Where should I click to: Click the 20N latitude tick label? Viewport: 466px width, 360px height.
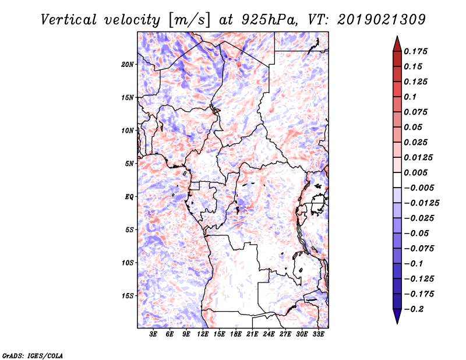pyautogui.click(x=128, y=64)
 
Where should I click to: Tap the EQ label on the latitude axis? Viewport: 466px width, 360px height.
pyautogui.click(x=129, y=197)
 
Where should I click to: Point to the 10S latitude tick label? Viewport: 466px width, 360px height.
pyautogui.click(x=128, y=263)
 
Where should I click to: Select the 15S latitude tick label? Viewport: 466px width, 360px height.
pyautogui.click(x=128, y=296)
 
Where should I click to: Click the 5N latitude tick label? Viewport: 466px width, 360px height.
pyautogui.click(x=129, y=164)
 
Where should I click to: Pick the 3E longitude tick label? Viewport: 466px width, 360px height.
pyautogui.click(x=154, y=335)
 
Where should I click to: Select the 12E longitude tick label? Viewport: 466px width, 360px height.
pyautogui.click(x=203, y=335)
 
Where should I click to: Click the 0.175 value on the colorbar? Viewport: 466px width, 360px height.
pyautogui.click(x=416, y=51)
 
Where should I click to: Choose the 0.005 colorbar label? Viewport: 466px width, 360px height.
pyautogui.click(x=416, y=172)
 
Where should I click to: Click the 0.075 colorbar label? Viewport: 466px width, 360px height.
pyautogui.click(x=416, y=112)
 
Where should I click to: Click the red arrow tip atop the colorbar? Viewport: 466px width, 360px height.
pyautogui.click(x=397, y=42)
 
